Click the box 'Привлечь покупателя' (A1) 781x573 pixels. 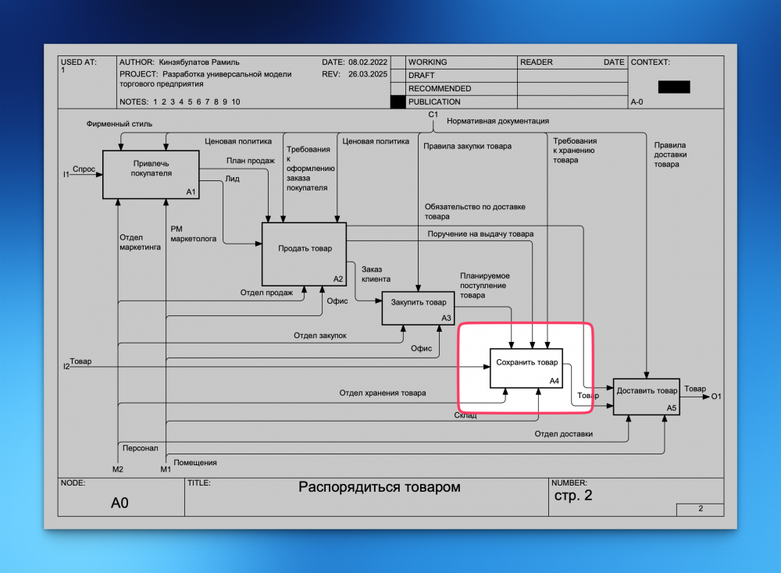click(151, 175)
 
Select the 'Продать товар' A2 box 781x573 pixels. click(304, 254)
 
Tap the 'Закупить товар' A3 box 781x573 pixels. click(418, 308)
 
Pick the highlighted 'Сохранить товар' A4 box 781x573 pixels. click(526, 368)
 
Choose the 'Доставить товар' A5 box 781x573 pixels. click(647, 397)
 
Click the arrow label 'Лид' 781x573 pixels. click(232, 179)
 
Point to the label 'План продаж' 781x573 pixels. click(251, 160)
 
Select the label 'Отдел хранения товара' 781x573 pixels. click(383, 393)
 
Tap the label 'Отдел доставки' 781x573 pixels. click(563, 433)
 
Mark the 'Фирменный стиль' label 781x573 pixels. click(119, 123)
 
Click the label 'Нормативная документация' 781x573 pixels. click(497, 121)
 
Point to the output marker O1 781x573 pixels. click(716, 397)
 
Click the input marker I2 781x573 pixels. click(66, 366)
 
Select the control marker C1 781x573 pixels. click(433, 115)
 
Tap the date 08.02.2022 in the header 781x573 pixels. click(368, 62)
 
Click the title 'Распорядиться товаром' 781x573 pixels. click(379, 487)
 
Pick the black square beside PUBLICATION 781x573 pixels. click(398, 102)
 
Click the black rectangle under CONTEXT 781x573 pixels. click(674, 87)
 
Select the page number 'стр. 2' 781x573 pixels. click(573, 496)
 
